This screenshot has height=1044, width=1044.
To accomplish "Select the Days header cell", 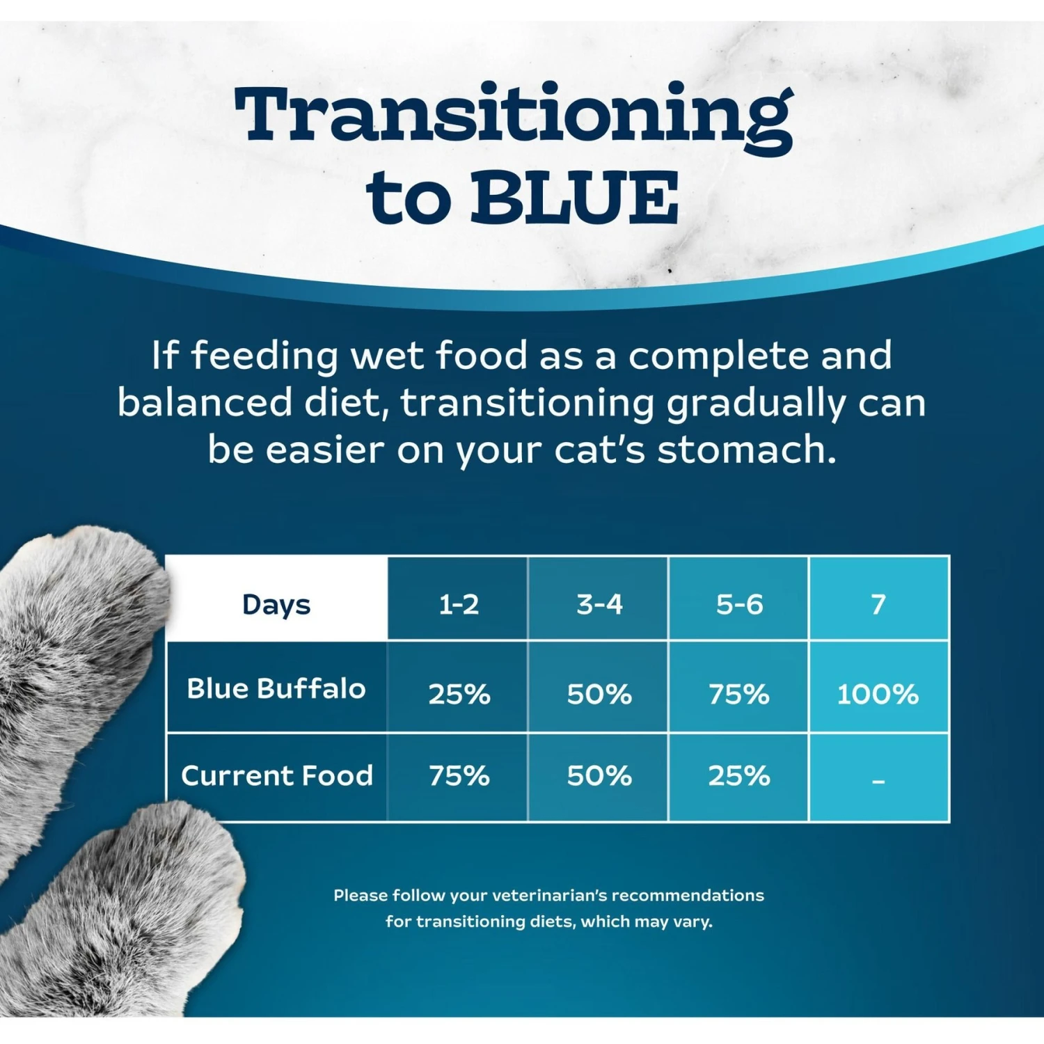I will (276, 604).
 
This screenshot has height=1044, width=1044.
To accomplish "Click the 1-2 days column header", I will (459, 604).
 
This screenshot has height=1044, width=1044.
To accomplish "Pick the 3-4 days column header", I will (599, 604).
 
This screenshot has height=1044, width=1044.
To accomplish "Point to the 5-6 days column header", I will (739, 604).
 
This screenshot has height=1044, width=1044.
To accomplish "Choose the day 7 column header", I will (878, 604).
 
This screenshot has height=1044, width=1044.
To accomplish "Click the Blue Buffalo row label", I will (276, 688).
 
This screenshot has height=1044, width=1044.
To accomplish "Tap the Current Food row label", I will (276, 775).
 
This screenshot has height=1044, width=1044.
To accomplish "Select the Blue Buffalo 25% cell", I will (459, 694).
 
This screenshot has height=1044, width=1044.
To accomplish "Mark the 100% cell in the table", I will (878, 694).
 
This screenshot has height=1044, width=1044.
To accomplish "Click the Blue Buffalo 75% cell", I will (739, 694).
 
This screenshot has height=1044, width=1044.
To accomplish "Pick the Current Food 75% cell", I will (459, 775).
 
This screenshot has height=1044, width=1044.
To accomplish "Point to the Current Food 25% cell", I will (739, 775).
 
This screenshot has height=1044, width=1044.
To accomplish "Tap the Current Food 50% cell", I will (599, 775).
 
